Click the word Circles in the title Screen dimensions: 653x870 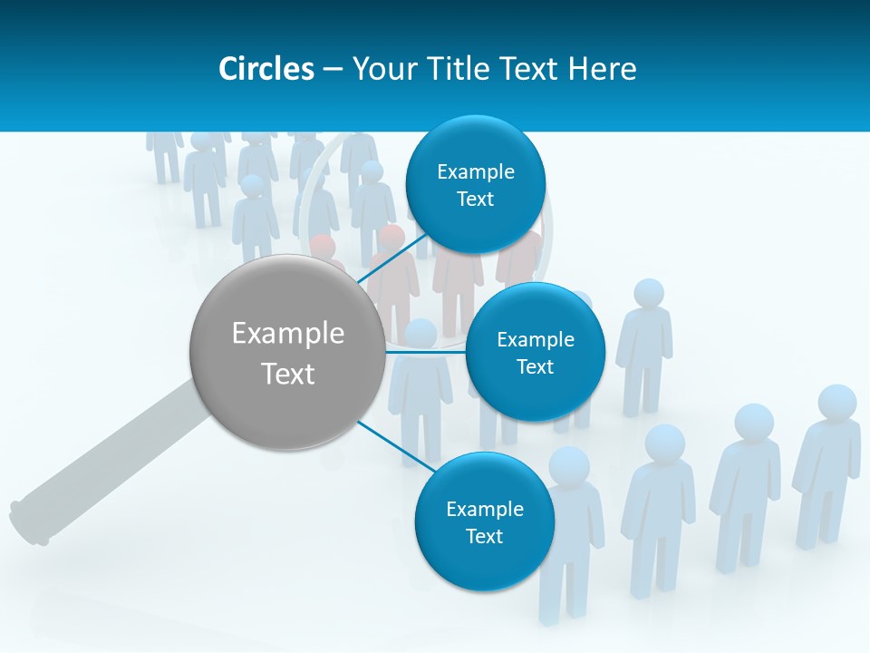(266, 69)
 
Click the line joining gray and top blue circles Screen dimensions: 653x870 (396, 260)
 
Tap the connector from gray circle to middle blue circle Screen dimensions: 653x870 (425, 351)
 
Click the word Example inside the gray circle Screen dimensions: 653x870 (288, 334)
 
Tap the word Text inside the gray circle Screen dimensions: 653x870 (288, 374)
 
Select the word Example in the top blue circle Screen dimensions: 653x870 (476, 171)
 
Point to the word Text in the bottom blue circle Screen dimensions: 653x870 (484, 536)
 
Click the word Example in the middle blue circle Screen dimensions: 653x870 (536, 339)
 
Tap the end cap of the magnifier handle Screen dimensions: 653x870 (27, 523)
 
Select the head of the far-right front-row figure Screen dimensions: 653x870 (836, 404)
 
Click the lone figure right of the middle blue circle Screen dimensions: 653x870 (645, 349)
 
